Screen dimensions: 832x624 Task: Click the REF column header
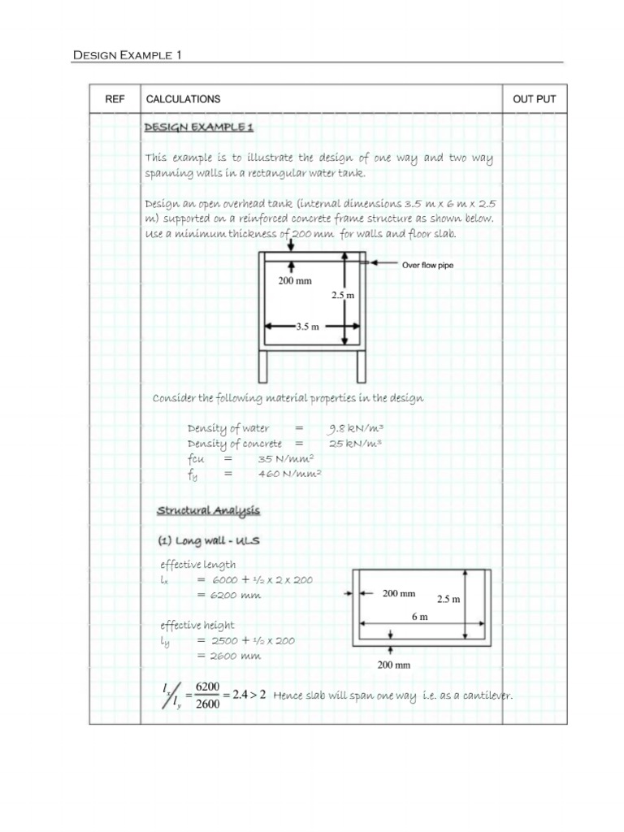tap(115, 99)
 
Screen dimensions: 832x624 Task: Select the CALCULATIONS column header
tap(183, 99)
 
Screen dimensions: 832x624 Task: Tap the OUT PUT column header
tap(534, 99)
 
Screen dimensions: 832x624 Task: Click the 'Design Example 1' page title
tap(128, 55)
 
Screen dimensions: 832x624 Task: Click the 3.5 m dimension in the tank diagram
tap(307, 327)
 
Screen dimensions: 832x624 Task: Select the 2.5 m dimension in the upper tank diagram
tap(343, 296)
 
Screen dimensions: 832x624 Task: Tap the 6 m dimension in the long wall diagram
tap(419, 617)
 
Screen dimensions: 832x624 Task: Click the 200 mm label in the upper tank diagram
tap(295, 280)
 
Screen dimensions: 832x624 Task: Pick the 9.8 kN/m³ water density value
tap(356, 428)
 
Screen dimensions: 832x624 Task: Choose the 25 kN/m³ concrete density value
tap(355, 444)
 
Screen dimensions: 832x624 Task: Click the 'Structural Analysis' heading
tap(208, 510)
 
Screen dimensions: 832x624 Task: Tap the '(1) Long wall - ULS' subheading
tap(208, 540)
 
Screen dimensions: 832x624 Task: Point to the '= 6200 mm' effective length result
tap(228, 595)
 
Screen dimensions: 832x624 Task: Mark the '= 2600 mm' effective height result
tap(228, 656)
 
